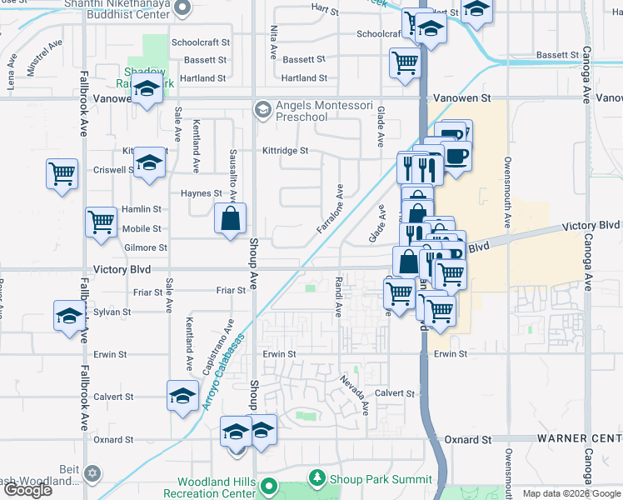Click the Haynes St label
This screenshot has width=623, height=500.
click(202, 192)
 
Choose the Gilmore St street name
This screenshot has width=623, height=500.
click(146, 247)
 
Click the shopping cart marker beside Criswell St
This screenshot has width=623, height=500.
click(62, 174)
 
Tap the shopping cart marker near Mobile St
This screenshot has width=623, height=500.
click(101, 222)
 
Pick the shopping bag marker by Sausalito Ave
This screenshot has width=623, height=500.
click(231, 219)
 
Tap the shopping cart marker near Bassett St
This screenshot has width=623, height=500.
click(405, 62)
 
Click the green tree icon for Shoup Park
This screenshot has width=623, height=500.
click(316, 478)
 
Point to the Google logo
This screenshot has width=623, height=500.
click(28, 489)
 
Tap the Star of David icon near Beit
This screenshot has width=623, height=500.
click(92, 473)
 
